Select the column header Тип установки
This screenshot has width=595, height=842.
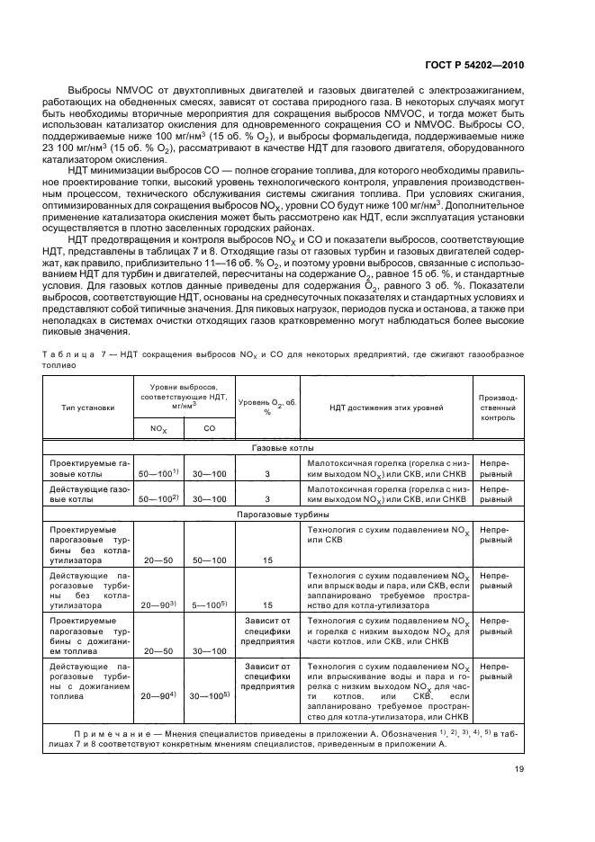(87, 407)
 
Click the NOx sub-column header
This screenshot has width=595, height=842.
(158, 429)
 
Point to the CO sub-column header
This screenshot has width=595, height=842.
(208, 429)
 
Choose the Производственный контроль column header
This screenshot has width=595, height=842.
(498, 407)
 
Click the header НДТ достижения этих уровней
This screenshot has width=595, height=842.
(387, 407)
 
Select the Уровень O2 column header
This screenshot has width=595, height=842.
(267, 406)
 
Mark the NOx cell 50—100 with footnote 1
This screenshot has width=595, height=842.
(158, 471)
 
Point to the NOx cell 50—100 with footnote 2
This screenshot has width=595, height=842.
(158, 497)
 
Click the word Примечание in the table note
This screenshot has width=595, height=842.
(109, 734)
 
